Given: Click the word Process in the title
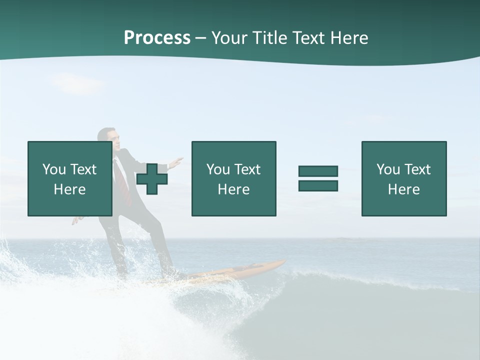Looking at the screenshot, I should click(157, 38).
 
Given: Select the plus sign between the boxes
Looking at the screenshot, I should click(152, 179).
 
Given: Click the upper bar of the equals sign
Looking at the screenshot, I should click(318, 171).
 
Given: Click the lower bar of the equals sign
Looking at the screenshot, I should click(318, 186).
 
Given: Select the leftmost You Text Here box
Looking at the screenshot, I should click(70, 178).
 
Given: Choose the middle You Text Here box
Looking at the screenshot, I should click(233, 178).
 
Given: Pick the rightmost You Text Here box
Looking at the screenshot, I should click(404, 178).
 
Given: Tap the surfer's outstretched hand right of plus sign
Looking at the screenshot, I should click(176, 161).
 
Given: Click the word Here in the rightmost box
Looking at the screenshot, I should click(403, 189).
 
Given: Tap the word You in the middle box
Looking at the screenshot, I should click(217, 169).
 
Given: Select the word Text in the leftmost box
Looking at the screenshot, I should click(83, 169).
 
